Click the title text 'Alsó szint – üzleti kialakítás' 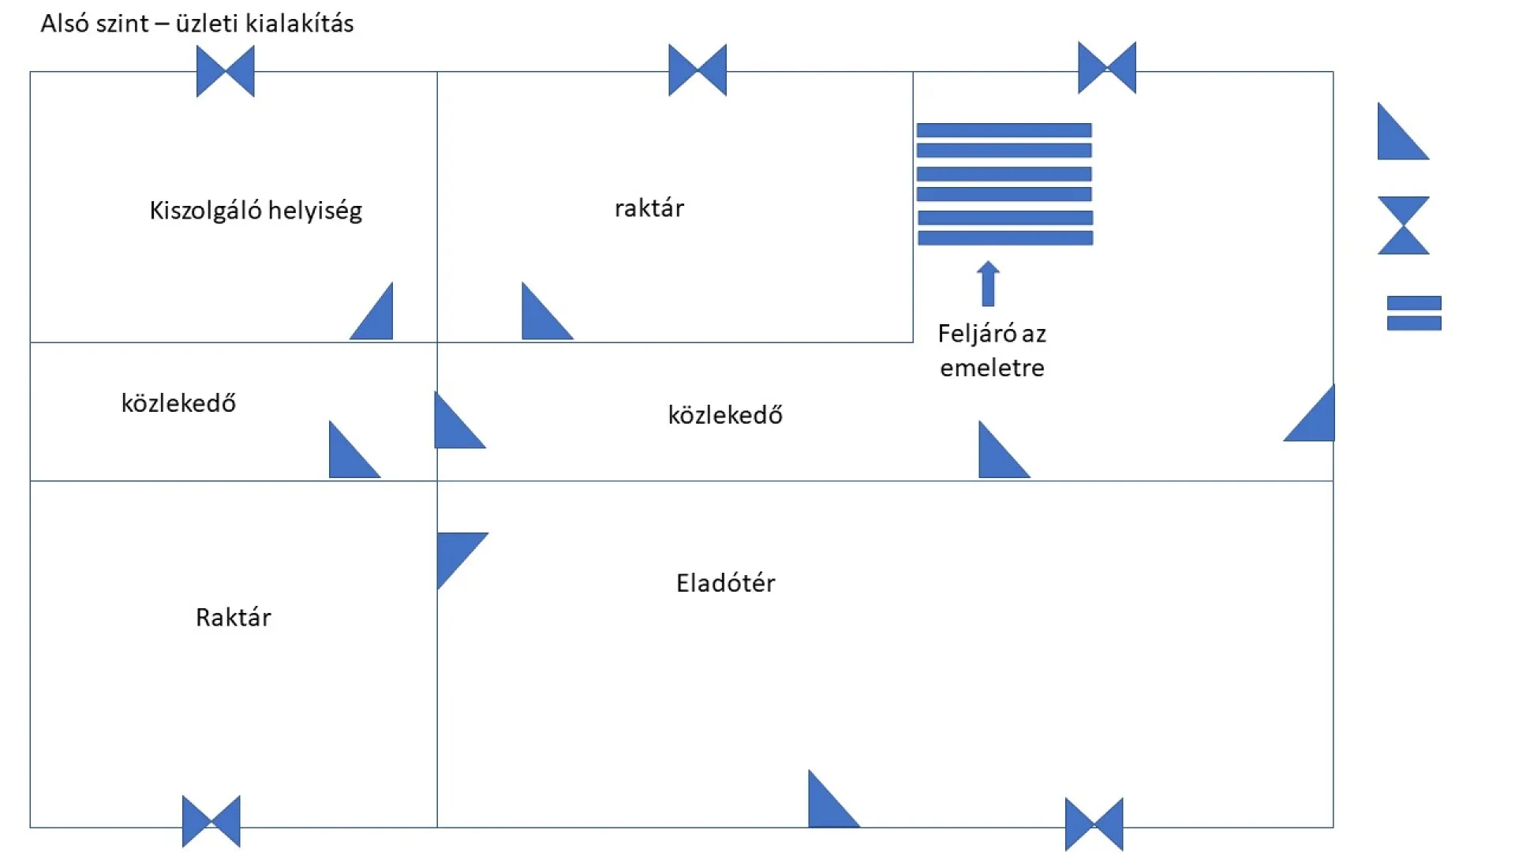(197, 24)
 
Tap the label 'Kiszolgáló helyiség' (256, 211)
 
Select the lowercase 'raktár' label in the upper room (649, 208)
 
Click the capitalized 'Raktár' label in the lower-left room (233, 617)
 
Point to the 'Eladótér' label (725, 583)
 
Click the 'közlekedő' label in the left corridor (178, 403)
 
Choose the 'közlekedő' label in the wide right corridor (725, 415)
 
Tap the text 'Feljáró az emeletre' (992, 350)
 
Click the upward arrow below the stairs (988, 283)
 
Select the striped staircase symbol (1004, 184)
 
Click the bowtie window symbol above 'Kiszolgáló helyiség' (226, 71)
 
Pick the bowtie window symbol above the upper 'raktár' (698, 70)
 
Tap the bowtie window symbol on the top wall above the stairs (1107, 68)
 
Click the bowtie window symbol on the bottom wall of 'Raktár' (211, 821)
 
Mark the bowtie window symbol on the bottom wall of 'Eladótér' (1094, 824)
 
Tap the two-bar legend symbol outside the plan (1414, 313)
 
